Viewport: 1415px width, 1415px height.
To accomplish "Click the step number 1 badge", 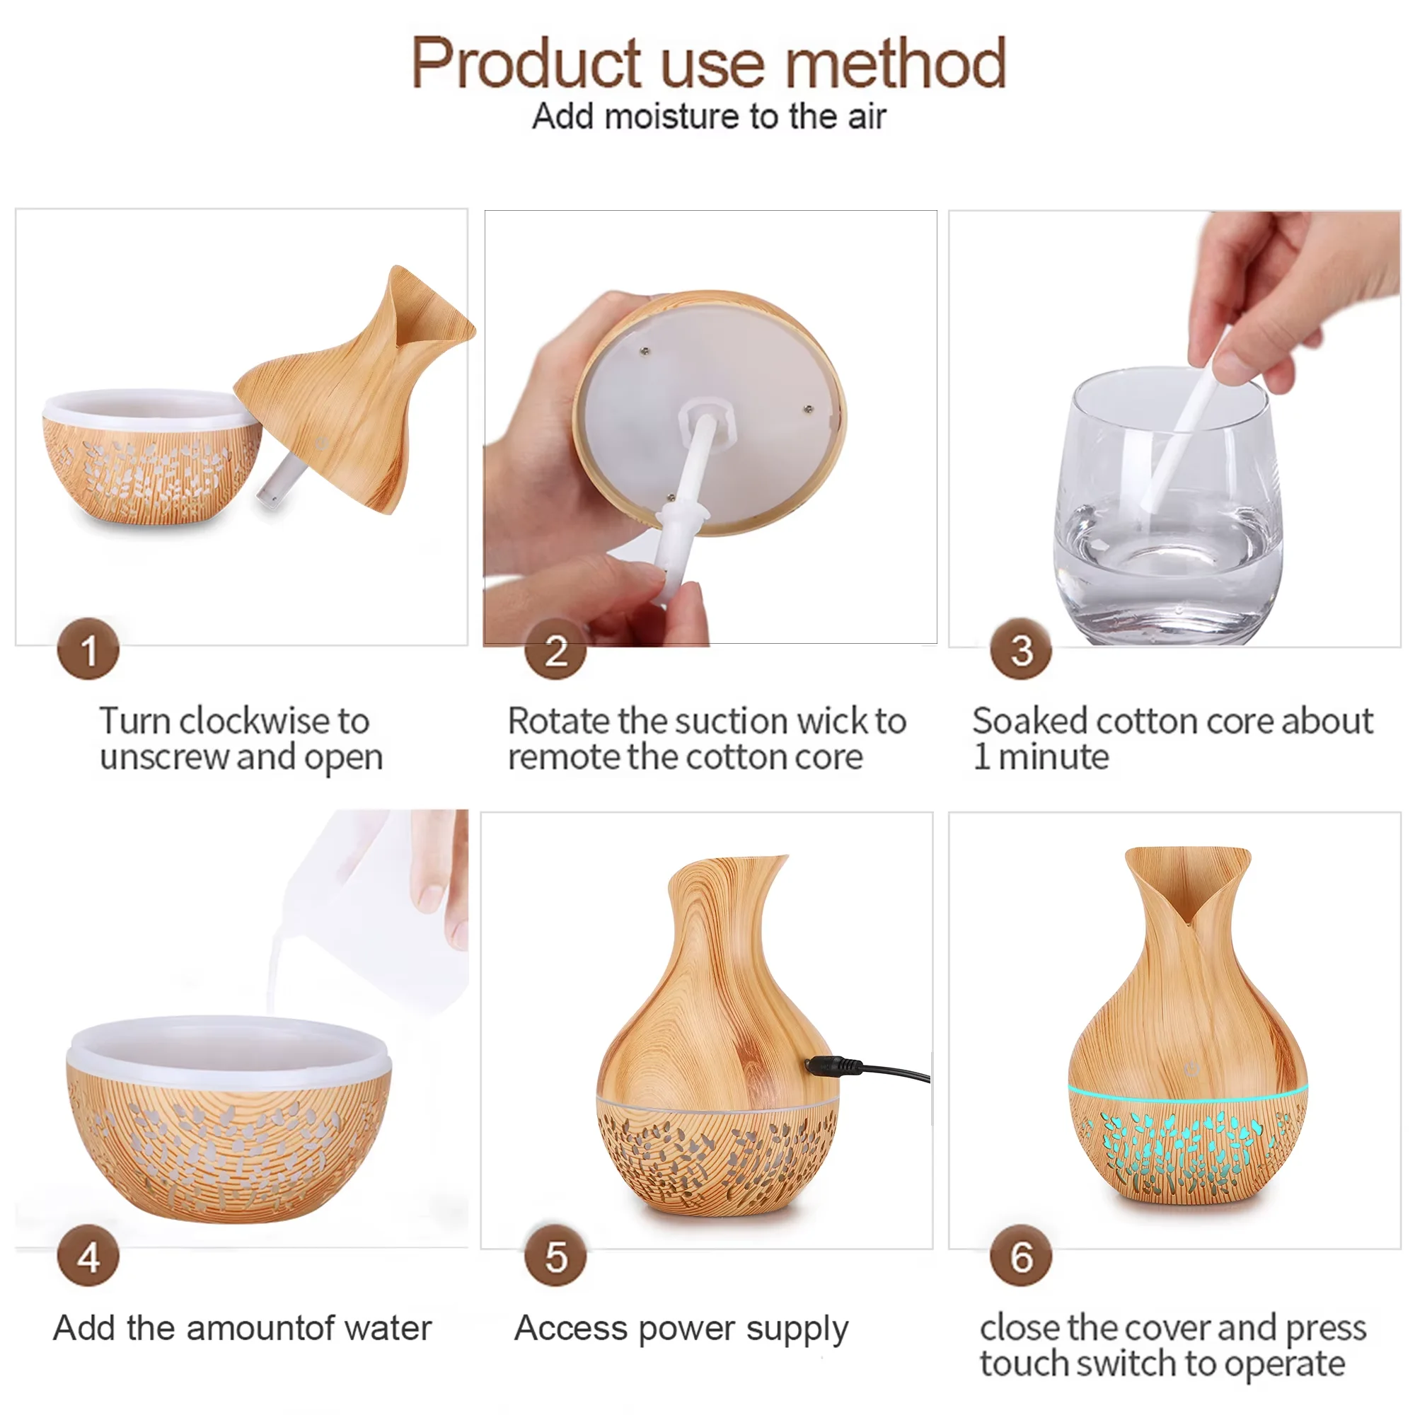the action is pos(88,649).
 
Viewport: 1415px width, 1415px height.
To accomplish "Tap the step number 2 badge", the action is pos(555,649).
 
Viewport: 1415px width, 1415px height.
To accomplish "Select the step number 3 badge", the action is pos(1021,649).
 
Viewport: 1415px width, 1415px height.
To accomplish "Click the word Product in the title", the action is pos(526,64).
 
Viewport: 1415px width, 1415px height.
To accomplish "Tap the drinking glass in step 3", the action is pos(1169,505).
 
